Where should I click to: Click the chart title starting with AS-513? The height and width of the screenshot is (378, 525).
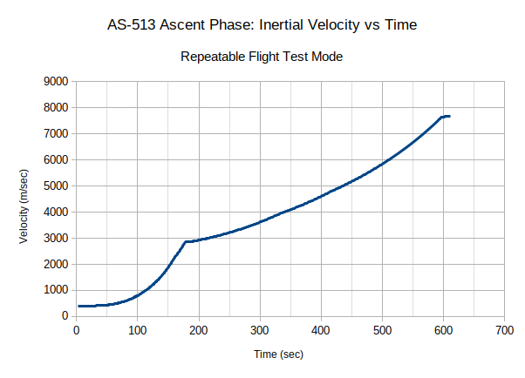point(262,25)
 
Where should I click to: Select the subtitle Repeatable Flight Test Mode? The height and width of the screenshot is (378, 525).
point(262,57)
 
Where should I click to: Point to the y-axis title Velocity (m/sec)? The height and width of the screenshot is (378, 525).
point(25,199)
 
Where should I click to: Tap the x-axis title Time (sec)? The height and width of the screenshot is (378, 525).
point(279,354)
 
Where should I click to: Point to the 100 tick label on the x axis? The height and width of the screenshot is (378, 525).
point(138,331)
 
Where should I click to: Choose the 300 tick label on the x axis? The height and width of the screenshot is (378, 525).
point(260,331)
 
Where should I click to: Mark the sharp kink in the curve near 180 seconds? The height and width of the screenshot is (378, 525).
point(185,242)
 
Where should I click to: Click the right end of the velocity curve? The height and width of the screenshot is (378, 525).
point(449,116)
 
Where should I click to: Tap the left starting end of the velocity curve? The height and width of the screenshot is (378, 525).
point(79,306)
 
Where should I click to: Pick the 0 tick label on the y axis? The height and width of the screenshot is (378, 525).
point(65,317)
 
